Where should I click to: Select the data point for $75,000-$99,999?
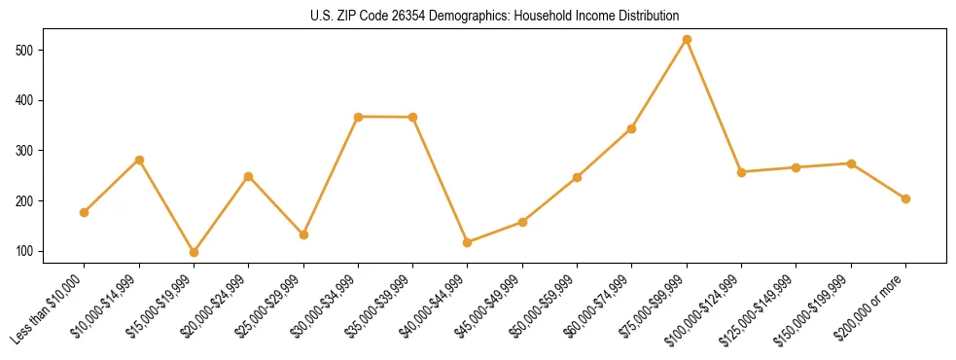click(687, 39)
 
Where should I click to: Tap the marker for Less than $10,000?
click(85, 212)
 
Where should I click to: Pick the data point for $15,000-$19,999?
click(194, 252)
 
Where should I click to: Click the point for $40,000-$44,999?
click(468, 242)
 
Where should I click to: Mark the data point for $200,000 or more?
click(905, 198)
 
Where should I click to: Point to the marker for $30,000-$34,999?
click(358, 117)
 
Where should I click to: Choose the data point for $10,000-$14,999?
click(139, 160)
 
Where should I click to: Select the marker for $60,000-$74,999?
click(632, 128)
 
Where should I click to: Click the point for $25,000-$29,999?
click(303, 234)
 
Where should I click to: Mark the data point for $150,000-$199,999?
click(851, 163)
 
